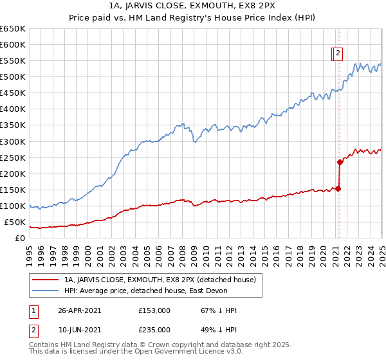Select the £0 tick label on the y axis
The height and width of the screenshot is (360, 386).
pyautogui.click(x=19, y=239)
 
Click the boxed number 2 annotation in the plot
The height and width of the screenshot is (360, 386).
pyautogui.click(x=338, y=55)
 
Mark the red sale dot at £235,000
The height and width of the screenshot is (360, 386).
pyautogui.click(x=339, y=162)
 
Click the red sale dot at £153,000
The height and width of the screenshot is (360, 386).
pyautogui.click(x=338, y=188)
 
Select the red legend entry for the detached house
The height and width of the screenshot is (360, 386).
pyautogui.click(x=160, y=280)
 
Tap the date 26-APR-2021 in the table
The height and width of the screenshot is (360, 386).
pyautogui.click(x=79, y=310)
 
